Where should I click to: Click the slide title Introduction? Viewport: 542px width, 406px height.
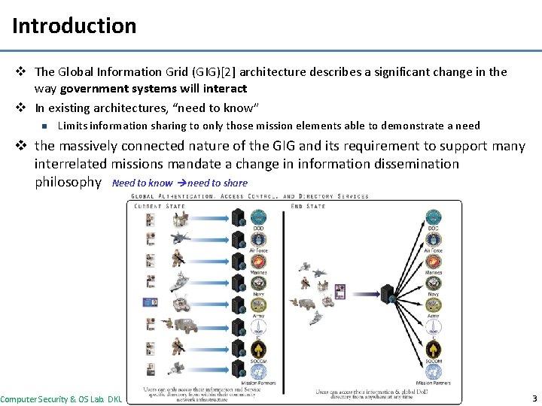74,26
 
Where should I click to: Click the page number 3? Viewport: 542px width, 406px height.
534,398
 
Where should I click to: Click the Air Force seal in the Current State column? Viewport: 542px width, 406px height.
258,240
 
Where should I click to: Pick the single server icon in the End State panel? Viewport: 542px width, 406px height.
388,294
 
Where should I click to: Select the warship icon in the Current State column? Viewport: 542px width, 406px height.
181,283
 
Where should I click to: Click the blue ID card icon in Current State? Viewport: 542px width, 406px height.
150,302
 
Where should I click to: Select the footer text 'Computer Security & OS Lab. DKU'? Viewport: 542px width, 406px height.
61,398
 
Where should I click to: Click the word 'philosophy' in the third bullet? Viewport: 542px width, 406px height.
68,182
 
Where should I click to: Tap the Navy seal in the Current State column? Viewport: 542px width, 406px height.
258,283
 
